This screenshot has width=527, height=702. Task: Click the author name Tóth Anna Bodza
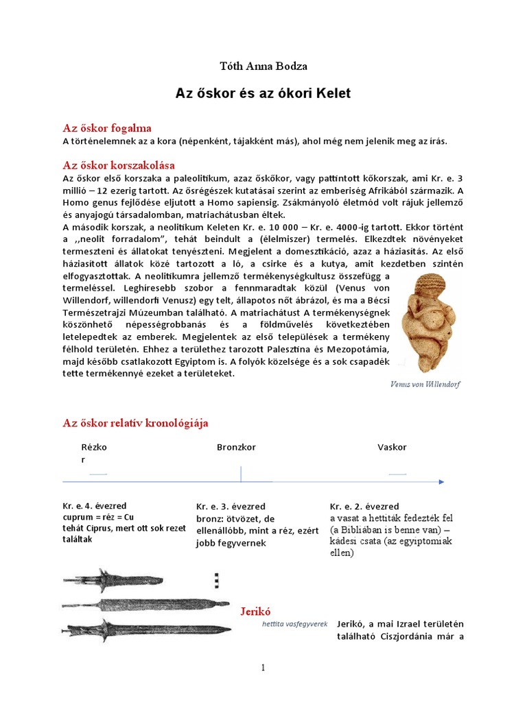click(x=263, y=66)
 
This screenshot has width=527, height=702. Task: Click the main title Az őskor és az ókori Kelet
click(x=263, y=93)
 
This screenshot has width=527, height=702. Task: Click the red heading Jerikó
click(x=258, y=610)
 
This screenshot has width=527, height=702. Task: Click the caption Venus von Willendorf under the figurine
click(x=425, y=384)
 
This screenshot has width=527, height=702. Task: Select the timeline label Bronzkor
click(x=236, y=447)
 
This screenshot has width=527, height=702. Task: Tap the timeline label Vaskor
click(x=392, y=447)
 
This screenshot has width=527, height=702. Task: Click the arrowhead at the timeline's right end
click(x=443, y=483)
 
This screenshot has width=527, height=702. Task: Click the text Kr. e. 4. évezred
click(x=95, y=506)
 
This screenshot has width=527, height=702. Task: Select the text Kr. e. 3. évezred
click(x=231, y=507)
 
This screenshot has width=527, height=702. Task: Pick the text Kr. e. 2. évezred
click(x=364, y=507)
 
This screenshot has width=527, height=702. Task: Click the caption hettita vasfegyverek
click(x=295, y=624)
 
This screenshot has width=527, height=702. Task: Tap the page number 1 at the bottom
click(x=263, y=668)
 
